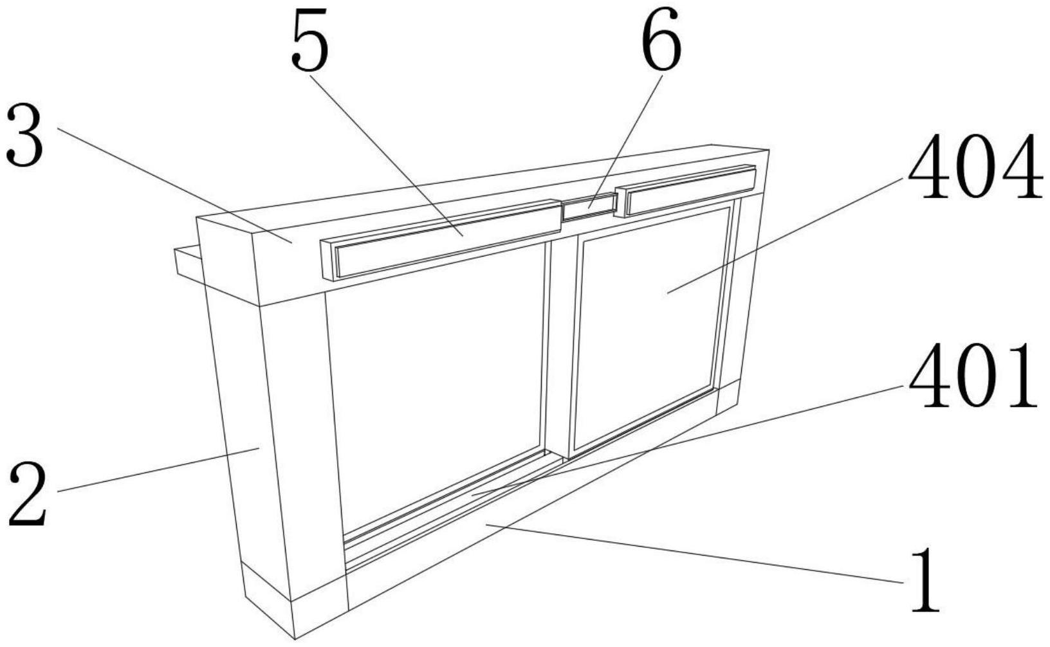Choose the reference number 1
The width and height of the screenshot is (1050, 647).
(x=925, y=581)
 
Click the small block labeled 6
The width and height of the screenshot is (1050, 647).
(x=589, y=206)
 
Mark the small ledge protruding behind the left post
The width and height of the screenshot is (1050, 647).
(x=187, y=264)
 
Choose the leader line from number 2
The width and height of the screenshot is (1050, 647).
(x=161, y=469)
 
